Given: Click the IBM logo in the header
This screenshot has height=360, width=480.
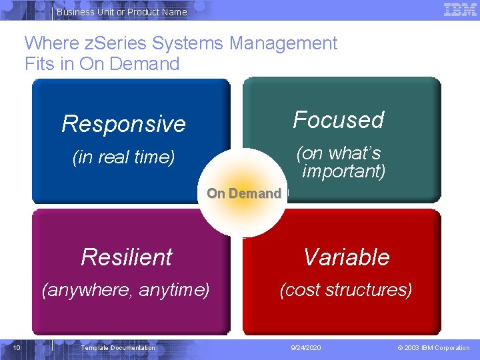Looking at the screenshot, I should click(460, 9).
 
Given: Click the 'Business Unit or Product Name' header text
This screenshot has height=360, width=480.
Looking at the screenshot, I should click(122, 12).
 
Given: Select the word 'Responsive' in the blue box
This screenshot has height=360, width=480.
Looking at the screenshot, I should click(123, 124).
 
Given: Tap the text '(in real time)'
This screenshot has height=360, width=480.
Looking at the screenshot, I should click(123, 157).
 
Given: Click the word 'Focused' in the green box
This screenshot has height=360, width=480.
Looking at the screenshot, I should click(339, 120).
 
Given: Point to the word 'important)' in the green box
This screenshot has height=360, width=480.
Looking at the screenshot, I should click(344, 171).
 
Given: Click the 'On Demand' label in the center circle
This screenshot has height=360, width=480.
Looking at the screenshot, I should click(244, 193).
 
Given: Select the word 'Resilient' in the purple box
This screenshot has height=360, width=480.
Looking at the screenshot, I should click(127, 257).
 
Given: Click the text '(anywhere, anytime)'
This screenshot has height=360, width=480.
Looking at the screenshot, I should click(125, 290).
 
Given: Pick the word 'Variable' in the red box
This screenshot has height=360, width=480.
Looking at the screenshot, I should click(347, 257).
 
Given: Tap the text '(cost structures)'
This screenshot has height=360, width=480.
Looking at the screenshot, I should click(346, 290).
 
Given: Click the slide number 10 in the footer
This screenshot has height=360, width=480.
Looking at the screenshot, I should click(17, 347).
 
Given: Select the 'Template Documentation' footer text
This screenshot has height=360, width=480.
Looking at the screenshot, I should click(118, 348).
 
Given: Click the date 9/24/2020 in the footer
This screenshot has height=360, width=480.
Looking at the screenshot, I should click(305, 348).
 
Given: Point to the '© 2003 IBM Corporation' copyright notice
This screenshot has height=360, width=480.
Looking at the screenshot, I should click(433, 348).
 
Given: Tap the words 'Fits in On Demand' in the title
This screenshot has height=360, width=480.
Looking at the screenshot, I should click(102, 64).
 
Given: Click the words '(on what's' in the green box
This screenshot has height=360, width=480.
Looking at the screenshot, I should click(339, 153).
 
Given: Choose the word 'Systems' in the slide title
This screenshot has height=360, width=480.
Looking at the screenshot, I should click(189, 43).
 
